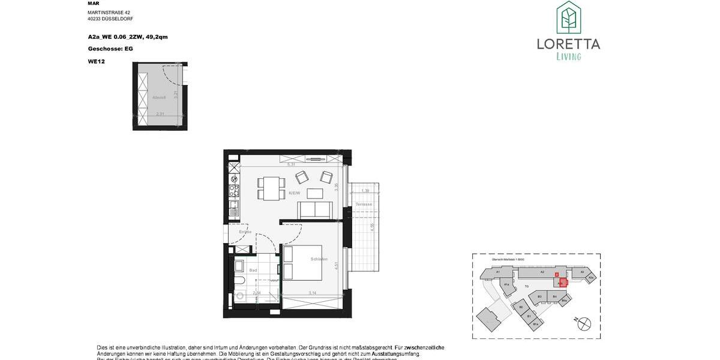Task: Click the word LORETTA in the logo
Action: (568, 43)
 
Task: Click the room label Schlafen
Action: (319, 259)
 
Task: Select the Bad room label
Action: (253, 270)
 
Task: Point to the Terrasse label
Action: (364, 204)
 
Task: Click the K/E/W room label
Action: (294, 193)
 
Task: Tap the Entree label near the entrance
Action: (245, 232)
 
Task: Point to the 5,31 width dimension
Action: (292, 164)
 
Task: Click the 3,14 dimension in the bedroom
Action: (312, 293)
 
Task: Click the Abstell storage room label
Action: (159, 97)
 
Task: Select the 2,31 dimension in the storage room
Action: (160, 113)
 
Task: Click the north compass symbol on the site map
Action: (583, 323)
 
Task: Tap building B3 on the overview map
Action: (540, 296)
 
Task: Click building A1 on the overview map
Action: (498, 272)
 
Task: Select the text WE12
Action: (96, 61)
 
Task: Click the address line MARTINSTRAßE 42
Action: (109, 12)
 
